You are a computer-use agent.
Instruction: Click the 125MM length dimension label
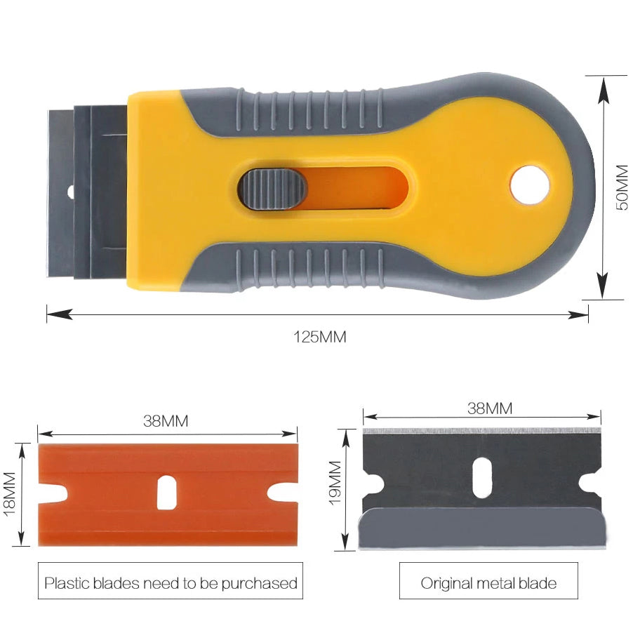click(320, 337)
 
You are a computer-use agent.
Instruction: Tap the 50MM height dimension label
click(622, 187)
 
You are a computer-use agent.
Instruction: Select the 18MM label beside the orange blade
click(9, 494)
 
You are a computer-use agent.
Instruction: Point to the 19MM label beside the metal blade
click(335, 483)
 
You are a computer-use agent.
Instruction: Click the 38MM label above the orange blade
click(166, 421)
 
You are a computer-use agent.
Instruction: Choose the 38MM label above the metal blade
click(490, 408)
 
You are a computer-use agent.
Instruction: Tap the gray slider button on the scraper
click(273, 189)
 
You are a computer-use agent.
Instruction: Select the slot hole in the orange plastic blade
click(167, 493)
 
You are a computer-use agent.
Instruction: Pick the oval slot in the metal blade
click(482, 478)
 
